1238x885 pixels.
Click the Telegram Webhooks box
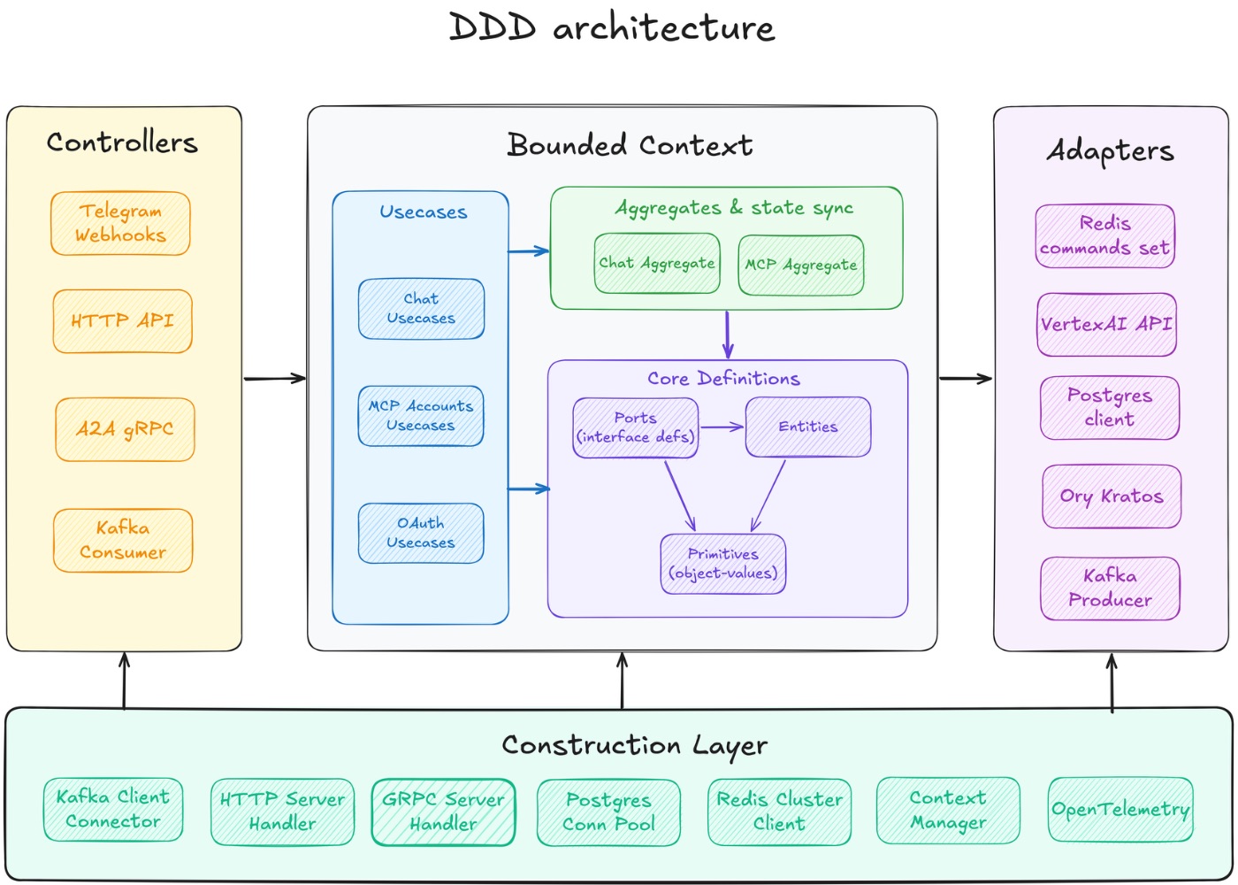point(120,224)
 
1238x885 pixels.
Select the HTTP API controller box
point(122,321)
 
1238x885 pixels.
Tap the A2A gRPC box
point(125,430)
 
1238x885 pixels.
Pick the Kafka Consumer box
point(123,540)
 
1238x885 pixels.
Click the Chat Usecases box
point(421,309)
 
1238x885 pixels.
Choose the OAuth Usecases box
point(421,534)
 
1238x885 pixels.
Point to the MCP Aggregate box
point(800,265)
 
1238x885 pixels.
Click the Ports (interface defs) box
point(635,427)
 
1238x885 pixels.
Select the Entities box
point(808,427)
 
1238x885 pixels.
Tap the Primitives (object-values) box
point(722,564)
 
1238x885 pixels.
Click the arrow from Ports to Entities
point(722,427)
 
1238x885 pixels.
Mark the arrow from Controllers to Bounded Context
point(274,379)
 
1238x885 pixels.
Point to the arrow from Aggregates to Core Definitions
point(728,334)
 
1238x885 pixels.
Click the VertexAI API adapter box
point(1106,325)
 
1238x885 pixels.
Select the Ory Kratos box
point(1112,496)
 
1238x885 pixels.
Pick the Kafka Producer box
point(1110,588)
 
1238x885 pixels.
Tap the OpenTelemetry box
point(1120,810)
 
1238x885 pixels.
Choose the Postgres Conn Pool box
point(608,812)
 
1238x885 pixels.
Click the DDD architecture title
point(612,27)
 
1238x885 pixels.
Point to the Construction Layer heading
point(634,745)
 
